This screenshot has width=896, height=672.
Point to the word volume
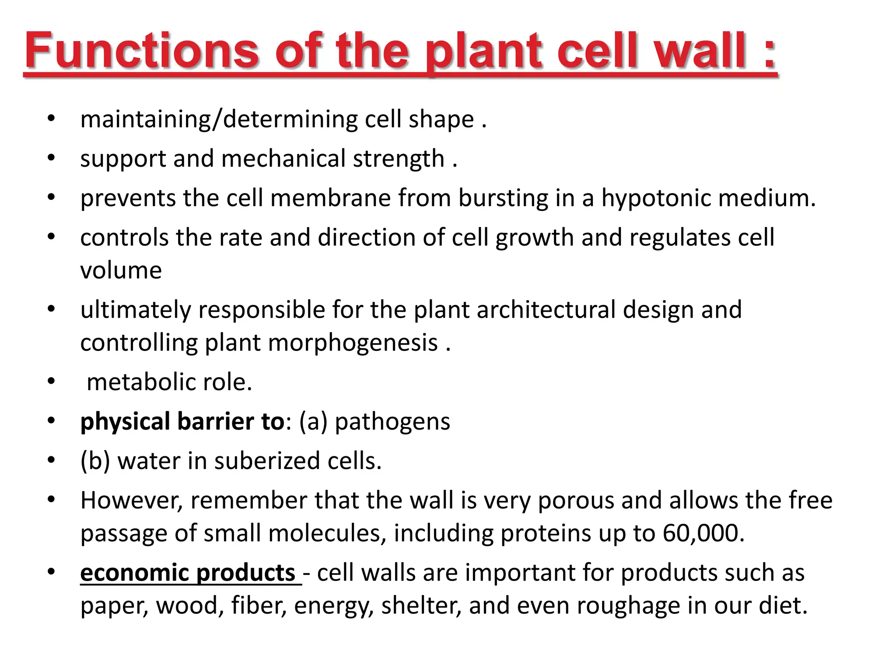(x=121, y=270)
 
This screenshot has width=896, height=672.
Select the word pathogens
(x=392, y=422)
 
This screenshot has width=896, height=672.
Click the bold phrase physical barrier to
(x=182, y=422)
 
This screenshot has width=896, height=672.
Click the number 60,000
(x=703, y=533)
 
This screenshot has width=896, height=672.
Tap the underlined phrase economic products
(x=188, y=573)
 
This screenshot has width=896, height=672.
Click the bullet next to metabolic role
(x=51, y=381)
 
